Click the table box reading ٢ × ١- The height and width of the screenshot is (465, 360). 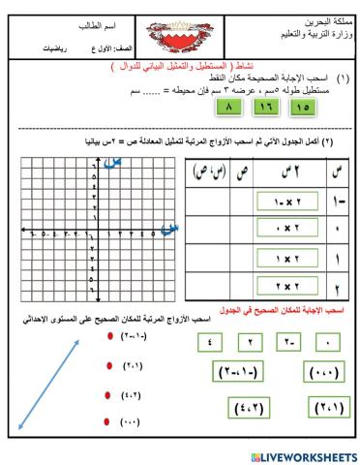tap(285, 201)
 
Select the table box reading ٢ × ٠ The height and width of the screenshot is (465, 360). tap(285, 231)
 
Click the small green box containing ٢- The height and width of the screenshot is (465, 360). tap(288, 342)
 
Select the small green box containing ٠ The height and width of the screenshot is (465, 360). tap(329, 342)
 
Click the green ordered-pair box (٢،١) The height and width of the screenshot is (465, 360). tap(320, 406)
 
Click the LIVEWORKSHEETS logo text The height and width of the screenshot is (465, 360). tap(303, 454)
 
